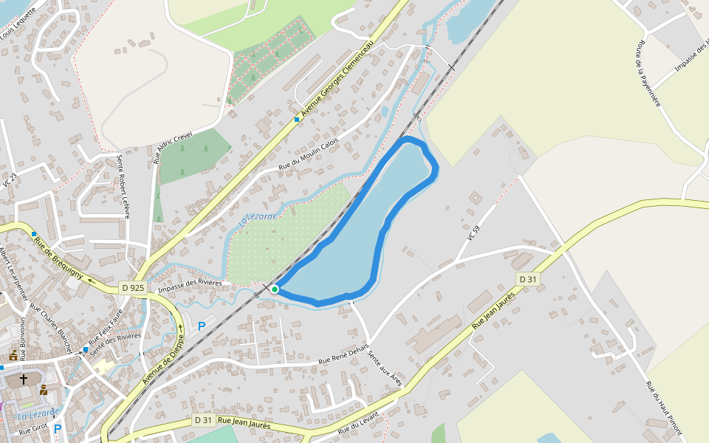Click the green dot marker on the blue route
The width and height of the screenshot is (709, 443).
(x=275, y=289)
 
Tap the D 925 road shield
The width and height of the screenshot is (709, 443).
(x=134, y=287)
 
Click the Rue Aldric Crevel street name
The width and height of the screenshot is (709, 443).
(x=172, y=147)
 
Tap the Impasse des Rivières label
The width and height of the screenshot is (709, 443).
(x=190, y=282)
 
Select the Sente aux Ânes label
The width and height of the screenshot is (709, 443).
(x=385, y=368)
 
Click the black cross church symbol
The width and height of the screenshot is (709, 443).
(x=24, y=380)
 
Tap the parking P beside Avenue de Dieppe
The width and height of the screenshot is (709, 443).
(x=201, y=326)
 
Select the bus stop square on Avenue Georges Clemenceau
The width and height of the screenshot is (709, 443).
(x=297, y=119)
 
